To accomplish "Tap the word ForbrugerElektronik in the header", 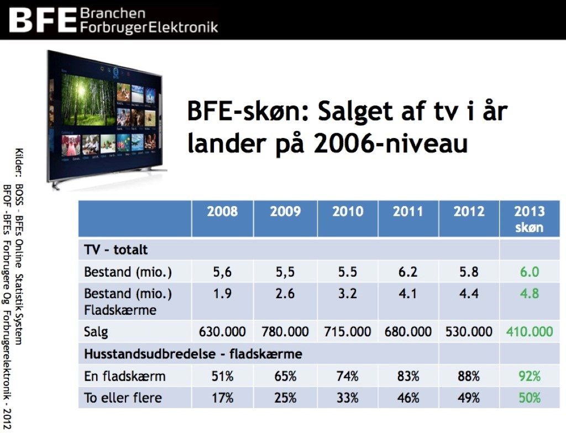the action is click(x=149, y=27).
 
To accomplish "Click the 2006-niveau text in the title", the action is click(x=391, y=144).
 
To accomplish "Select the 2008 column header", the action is click(x=222, y=212).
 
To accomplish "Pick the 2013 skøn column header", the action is click(x=530, y=219).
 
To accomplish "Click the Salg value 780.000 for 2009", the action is click(x=285, y=331).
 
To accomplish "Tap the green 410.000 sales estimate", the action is click(x=530, y=331).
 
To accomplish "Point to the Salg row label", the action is click(x=96, y=332).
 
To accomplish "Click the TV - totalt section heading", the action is click(x=116, y=250).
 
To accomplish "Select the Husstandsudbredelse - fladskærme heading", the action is click(x=193, y=354).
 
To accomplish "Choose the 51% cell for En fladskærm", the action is click(x=222, y=376).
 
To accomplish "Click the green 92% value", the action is click(x=530, y=376).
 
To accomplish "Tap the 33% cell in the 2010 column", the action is click(x=347, y=398).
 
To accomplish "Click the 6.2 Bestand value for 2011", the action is click(x=408, y=272).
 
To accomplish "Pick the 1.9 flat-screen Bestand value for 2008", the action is click(x=222, y=294).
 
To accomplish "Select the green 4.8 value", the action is click(x=530, y=294).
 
